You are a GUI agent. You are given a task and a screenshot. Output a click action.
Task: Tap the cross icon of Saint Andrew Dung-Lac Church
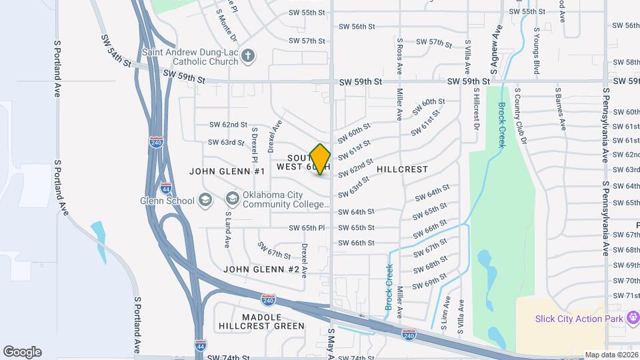pyautogui.click(x=248, y=56)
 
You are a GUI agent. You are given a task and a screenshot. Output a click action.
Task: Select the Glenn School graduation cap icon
pyautogui.click(x=205, y=201)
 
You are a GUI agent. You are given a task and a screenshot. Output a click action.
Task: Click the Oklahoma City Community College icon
pyautogui.click(x=232, y=198)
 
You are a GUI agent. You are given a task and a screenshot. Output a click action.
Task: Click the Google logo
pyautogui.click(x=22, y=352)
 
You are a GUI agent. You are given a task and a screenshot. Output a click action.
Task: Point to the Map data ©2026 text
pyautogui.click(x=611, y=355)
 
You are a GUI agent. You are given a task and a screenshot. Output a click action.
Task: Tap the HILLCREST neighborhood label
pyautogui.click(x=402, y=170)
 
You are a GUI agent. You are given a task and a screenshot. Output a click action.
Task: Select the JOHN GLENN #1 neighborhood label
pyautogui.click(x=227, y=171)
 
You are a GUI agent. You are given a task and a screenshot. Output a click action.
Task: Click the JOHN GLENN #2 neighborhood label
pyautogui.click(x=261, y=269)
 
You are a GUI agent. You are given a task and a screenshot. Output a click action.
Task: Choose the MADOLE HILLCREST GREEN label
pyautogui.click(x=261, y=321)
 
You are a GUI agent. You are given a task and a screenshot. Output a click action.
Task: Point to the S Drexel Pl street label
pyautogui.click(x=255, y=147)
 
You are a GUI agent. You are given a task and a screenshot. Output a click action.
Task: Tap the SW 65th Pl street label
pyautogui.click(x=307, y=228)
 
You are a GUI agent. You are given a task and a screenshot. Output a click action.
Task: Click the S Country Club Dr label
pyautogui.click(x=523, y=123)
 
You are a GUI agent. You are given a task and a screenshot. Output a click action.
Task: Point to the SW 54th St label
pyautogui.click(x=116, y=51)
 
